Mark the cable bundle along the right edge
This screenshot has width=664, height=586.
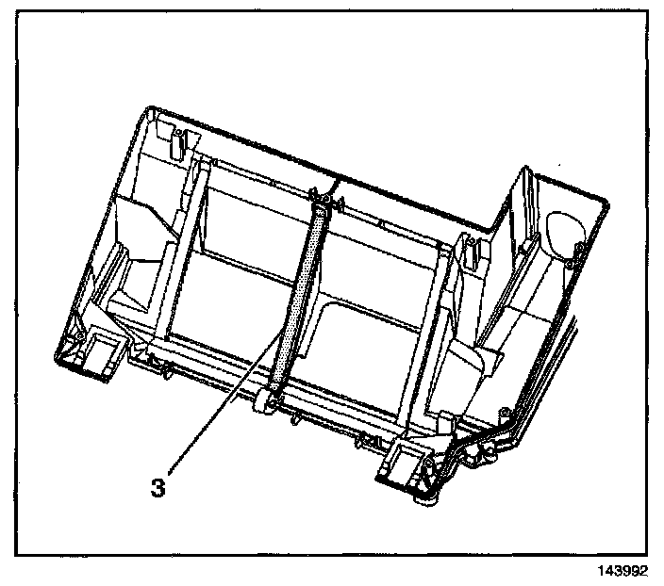click(x=528, y=396)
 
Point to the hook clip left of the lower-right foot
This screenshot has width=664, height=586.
click(x=362, y=438)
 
